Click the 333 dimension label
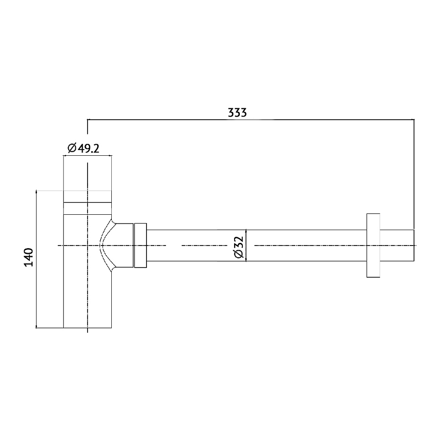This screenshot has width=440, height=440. pos(237,113)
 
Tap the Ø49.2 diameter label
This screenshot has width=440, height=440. pos(84,148)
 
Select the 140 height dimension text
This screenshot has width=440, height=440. pos(29,257)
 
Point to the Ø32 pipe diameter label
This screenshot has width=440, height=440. pos(238,247)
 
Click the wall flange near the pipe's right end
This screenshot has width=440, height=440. pos(373,245)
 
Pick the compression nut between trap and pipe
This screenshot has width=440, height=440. pos(141,246)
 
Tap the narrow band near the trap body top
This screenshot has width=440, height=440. pos(88,208)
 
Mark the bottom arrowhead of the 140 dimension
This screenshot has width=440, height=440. pos(36,326)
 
